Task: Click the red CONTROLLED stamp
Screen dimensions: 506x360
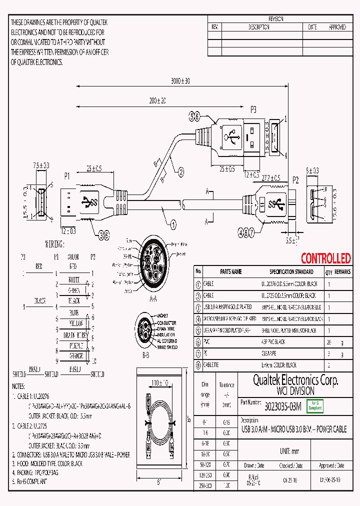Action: click(x=325, y=258)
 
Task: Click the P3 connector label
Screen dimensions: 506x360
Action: click(x=253, y=108)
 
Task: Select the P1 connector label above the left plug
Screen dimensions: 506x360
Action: click(x=67, y=176)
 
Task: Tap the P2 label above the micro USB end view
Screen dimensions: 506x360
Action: click(x=295, y=179)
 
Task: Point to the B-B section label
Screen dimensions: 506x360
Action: click(x=145, y=355)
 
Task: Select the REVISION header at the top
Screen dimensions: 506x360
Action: click(x=276, y=19)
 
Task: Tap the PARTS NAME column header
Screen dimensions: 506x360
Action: click(x=230, y=272)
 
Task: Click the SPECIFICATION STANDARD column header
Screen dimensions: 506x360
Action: click(x=291, y=272)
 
